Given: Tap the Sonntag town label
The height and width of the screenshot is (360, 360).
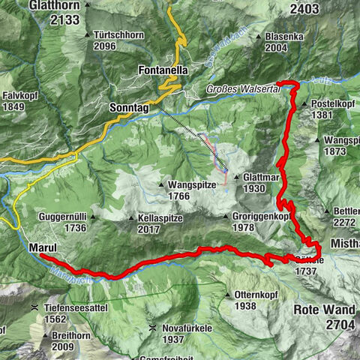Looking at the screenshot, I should point(129,108).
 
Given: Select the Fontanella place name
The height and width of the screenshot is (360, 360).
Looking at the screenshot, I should point(163,70).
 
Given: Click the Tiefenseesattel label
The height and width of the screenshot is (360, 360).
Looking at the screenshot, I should point(67,307).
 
